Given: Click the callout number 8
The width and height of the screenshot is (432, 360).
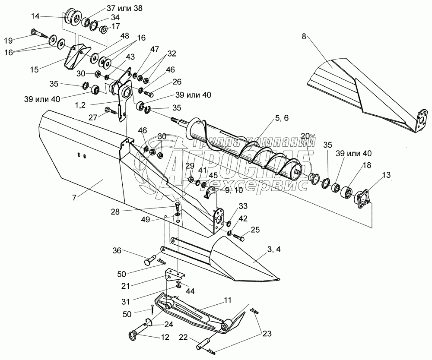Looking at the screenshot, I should click(x=304, y=37).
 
